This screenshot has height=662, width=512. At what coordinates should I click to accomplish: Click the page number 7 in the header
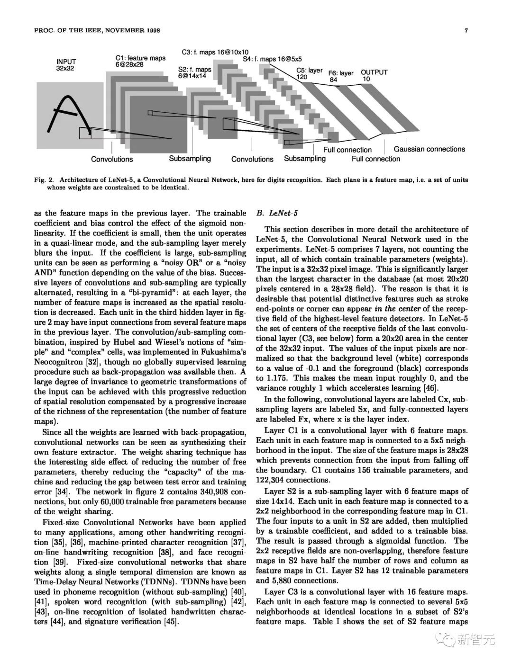pyautogui.click(x=467, y=31)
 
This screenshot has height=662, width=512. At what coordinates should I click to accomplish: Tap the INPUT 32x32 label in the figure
pyautogui.click(x=66, y=65)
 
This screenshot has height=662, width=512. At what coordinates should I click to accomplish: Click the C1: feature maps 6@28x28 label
pyautogui.click(x=140, y=61)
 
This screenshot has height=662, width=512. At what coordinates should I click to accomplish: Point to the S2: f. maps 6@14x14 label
pyautogui.click(x=194, y=72)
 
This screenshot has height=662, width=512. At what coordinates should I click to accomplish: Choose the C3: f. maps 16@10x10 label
pyautogui.click(x=215, y=52)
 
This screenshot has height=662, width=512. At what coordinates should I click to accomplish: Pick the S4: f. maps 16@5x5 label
pyautogui.click(x=272, y=59)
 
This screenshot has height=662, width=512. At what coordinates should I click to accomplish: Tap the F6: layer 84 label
pyautogui.click(x=340, y=76)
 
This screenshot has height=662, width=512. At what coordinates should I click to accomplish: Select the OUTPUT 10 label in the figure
pyautogui.click(x=374, y=75)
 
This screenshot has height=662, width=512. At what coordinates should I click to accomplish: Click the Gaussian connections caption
pyautogui.click(x=429, y=149)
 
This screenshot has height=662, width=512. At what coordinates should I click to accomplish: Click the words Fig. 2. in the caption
pyautogui.click(x=45, y=180)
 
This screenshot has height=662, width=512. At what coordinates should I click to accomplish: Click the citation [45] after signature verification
pyautogui.click(x=169, y=622)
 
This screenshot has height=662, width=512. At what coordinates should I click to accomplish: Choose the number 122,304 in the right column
pyautogui.click(x=272, y=480)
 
